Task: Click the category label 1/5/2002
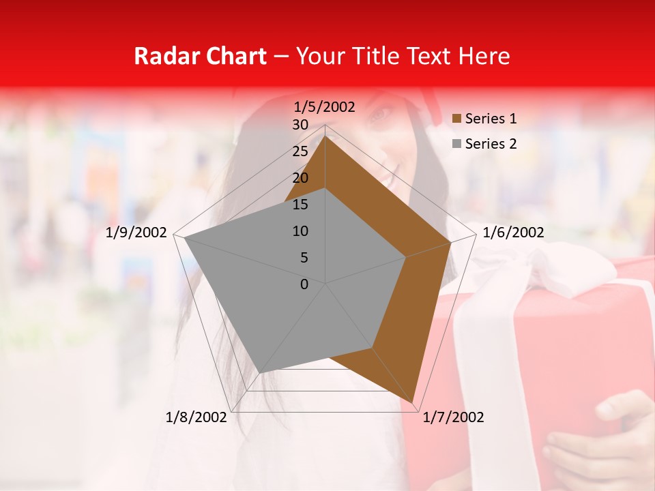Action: tap(325, 107)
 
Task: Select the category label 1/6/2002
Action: tap(513, 233)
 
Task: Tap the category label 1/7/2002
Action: tap(453, 417)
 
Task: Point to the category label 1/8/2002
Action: tap(196, 417)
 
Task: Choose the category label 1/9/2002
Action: tap(136, 233)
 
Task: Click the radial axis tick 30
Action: tap(300, 125)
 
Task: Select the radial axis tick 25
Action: tap(300, 151)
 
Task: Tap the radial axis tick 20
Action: tap(300, 178)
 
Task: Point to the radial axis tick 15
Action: tap(300, 205)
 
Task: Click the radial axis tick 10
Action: tap(300, 231)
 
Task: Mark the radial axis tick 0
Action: tap(304, 284)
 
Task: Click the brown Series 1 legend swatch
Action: tap(457, 119)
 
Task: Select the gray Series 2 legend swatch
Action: tap(457, 144)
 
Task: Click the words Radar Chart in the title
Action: tap(200, 56)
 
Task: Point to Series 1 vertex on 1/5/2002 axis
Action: tap(325, 136)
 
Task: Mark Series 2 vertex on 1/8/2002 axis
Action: tap(260, 372)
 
